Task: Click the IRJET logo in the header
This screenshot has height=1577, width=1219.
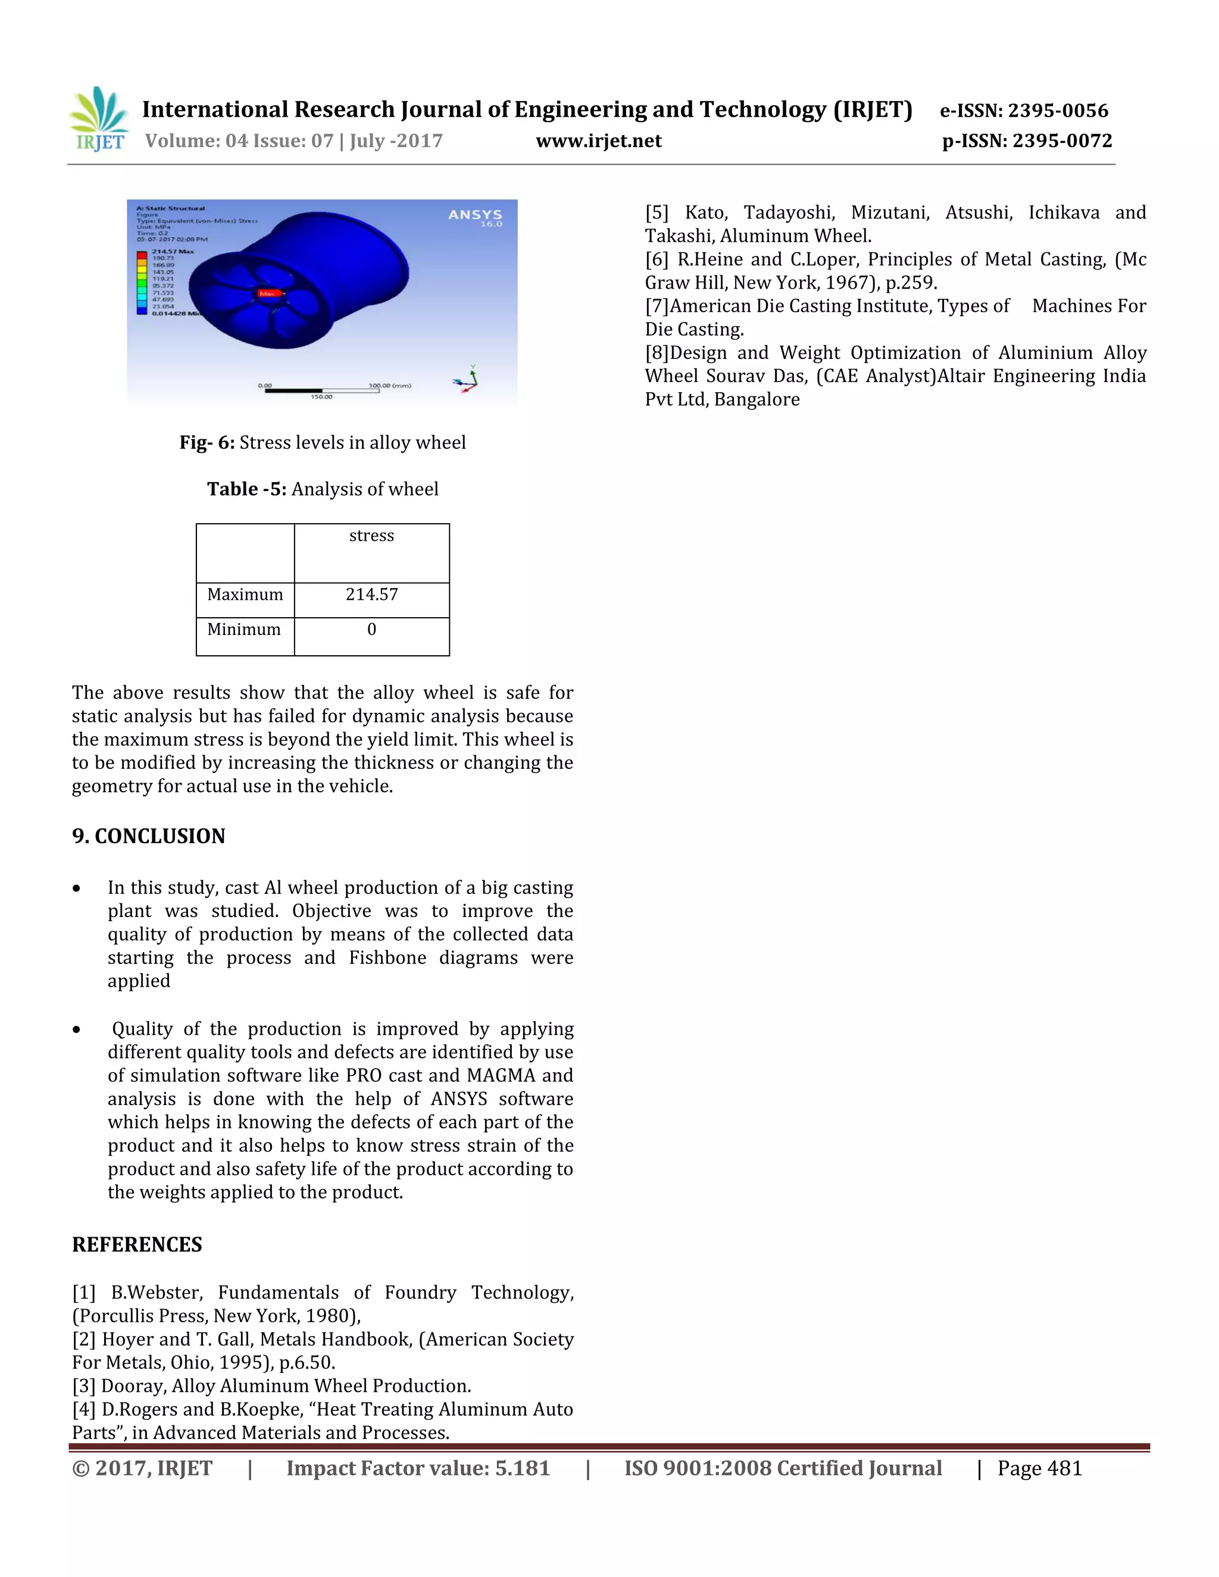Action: pyautogui.click(x=99, y=118)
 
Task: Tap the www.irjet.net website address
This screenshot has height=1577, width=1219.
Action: pyautogui.click(x=598, y=141)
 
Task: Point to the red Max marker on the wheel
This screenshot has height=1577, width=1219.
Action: pyautogui.click(x=267, y=293)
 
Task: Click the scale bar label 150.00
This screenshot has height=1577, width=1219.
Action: pyautogui.click(x=321, y=397)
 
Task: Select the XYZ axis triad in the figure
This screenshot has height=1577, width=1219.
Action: pyautogui.click(x=467, y=379)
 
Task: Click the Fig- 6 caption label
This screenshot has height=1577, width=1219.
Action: pyautogui.click(x=207, y=443)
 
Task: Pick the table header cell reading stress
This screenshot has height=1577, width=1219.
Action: pyautogui.click(x=371, y=536)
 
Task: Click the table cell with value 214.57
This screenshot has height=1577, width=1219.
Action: pyautogui.click(x=371, y=595)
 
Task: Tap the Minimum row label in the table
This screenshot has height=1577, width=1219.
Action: pyautogui.click(x=243, y=630)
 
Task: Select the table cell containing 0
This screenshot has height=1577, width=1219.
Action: pyautogui.click(x=371, y=630)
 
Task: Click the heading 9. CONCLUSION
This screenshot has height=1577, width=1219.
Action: pyautogui.click(x=149, y=836)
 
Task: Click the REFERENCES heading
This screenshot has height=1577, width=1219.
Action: pyautogui.click(x=137, y=1245)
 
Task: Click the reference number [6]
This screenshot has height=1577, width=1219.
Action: pyautogui.click(x=657, y=260)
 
